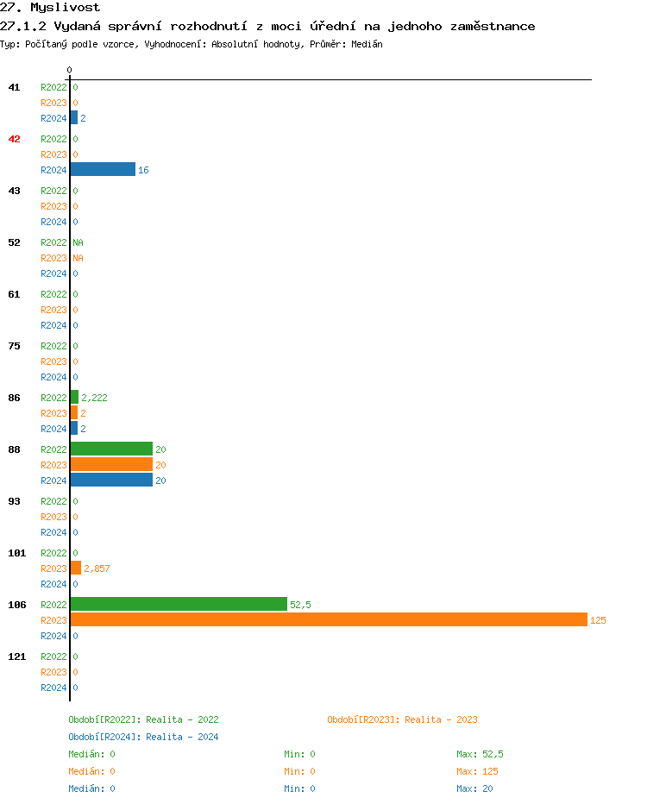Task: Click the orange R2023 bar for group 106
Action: pyautogui.click(x=328, y=619)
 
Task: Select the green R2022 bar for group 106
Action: pyautogui.click(x=179, y=604)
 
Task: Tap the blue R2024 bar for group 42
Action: pyautogui.click(x=103, y=169)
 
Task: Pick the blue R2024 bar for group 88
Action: pyautogui.click(x=111, y=480)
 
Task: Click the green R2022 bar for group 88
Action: pyautogui.click(x=111, y=449)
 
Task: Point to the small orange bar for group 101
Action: pyautogui.click(x=76, y=568)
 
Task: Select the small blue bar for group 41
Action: pyautogui.click(x=74, y=117)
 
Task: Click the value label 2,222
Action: pyautogui.click(x=94, y=398)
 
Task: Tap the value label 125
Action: pyautogui.click(x=598, y=620)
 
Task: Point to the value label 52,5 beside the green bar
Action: pyautogui.click(x=300, y=605)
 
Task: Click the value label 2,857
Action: pyautogui.click(x=97, y=568)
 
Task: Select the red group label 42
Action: pyautogui.click(x=14, y=139)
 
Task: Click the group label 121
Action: pyautogui.click(x=16, y=656)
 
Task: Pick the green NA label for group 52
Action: pyautogui.click(x=78, y=242)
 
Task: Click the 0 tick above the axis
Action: pyautogui.click(x=70, y=70)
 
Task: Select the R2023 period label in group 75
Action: pyautogui.click(x=53, y=361)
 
